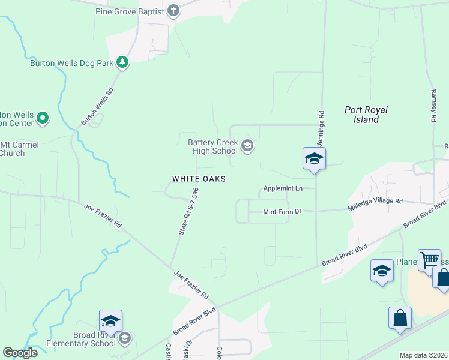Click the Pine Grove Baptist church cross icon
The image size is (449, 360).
[173, 11]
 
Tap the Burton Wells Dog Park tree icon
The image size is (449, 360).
[122, 62]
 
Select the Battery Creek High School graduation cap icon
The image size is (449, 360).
[247, 146]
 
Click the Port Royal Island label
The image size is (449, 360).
[366, 115]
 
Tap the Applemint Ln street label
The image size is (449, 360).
[282, 188]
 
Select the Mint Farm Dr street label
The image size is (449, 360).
[282, 212]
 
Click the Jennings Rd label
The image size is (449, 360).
[322, 127]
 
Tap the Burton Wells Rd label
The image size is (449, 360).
[97, 107]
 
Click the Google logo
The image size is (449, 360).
[20, 353]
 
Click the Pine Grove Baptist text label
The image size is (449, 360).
[129, 11]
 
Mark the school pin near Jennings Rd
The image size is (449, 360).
[313, 160]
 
